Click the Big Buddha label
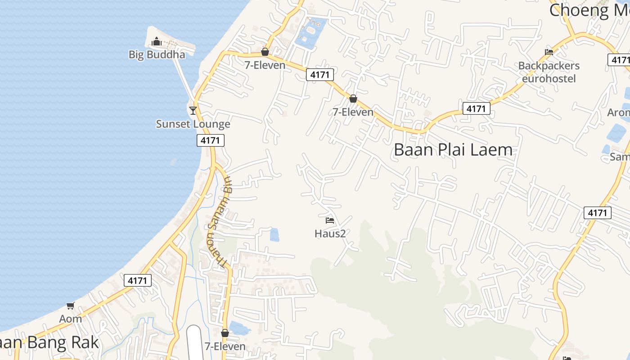point(157,54)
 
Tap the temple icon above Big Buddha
point(157,42)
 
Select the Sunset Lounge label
point(193,124)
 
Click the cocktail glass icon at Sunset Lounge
point(193,110)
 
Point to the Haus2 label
point(330,234)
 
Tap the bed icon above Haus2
point(330,220)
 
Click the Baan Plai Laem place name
point(453,150)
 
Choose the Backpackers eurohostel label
point(549,72)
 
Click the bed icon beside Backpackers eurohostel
point(549,52)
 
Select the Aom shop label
point(71,319)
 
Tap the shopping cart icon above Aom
point(71,306)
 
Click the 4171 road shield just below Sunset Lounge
point(210,140)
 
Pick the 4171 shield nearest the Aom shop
point(138,280)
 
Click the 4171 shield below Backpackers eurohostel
point(476,108)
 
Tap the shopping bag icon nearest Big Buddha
point(265,52)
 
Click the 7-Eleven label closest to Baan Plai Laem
point(353,112)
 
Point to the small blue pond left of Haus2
point(274,234)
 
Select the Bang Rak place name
point(49,343)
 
